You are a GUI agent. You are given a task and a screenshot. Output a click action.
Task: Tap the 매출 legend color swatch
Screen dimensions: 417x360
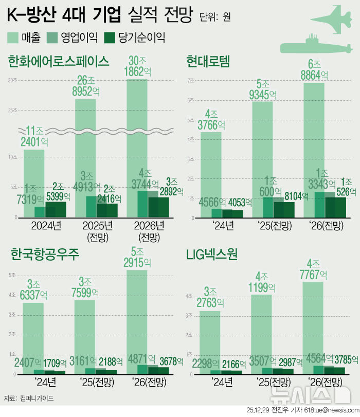13,37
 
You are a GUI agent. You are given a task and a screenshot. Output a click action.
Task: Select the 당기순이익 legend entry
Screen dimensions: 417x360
134,37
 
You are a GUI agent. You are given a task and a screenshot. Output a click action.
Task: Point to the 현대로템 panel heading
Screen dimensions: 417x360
208,62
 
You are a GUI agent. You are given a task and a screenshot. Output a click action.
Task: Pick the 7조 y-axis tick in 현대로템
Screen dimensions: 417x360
190,81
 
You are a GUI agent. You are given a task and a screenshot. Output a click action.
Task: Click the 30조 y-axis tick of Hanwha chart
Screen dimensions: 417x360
12,80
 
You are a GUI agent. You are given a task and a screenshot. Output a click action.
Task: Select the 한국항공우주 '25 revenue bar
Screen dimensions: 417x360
85,334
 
